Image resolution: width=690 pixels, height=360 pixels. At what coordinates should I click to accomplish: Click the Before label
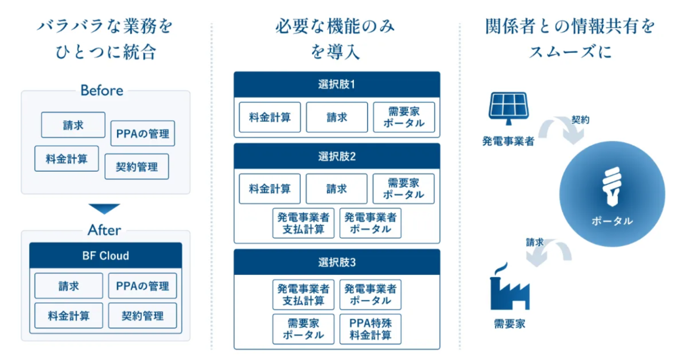point(102,90)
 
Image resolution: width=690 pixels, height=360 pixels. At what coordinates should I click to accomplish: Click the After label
point(104,230)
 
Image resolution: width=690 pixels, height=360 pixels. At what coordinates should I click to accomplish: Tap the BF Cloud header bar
point(106,256)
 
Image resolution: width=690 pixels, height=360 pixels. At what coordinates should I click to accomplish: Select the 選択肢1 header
point(336,85)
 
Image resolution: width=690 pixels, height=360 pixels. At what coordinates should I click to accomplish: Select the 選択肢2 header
point(336,157)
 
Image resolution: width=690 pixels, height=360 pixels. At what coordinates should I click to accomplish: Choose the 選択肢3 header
point(336,262)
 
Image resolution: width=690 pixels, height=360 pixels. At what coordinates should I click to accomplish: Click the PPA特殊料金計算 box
point(370,329)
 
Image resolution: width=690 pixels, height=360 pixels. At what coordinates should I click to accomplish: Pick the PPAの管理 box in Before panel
point(143,134)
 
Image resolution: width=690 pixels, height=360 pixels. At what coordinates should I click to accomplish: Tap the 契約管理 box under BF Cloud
point(142,316)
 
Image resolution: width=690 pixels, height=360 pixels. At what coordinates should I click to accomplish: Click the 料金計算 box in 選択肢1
point(270,117)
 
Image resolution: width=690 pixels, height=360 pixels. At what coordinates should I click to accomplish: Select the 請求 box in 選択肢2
point(336,189)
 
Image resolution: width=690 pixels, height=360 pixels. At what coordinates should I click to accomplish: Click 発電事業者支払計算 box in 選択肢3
point(303,295)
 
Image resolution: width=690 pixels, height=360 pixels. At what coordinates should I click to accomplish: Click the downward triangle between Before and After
point(105,208)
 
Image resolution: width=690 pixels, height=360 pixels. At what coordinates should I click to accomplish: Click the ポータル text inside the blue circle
point(612,221)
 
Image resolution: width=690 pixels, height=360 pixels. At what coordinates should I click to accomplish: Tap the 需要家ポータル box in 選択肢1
point(404,117)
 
